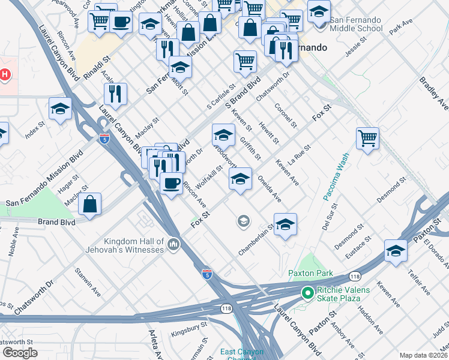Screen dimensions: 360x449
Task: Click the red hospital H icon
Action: coord(5,74)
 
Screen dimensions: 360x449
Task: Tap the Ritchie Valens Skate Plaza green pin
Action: coord(307,293)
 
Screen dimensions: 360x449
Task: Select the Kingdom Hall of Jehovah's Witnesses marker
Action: coord(174,244)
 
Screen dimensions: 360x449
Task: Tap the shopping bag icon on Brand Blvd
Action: coord(89,203)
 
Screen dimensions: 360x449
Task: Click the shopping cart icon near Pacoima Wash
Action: coord(367,137)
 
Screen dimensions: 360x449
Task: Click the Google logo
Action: coord(20,353)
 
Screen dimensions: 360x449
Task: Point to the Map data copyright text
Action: coord(424,355)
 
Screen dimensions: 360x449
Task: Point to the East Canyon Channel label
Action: coord(238,354)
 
